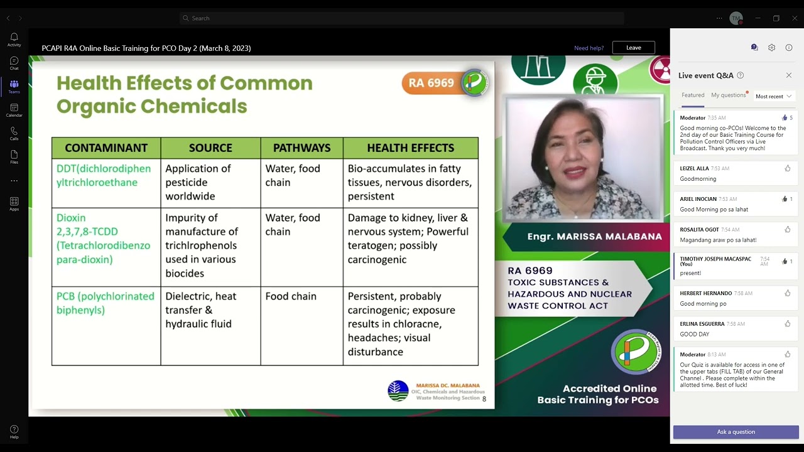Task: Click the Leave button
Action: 633,48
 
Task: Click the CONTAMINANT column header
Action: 106,148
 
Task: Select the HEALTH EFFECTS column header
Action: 410,148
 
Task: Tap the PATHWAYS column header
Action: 301,148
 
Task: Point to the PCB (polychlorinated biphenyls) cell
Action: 106,303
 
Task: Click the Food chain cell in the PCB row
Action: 291,296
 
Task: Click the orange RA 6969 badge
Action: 432,83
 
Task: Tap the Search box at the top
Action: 402,18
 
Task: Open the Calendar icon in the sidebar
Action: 14,110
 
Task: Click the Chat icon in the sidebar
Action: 14,63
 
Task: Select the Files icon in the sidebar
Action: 14,156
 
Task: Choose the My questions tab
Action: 728,95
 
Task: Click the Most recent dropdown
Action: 773,96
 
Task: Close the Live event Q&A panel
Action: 789,75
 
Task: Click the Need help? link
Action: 589,48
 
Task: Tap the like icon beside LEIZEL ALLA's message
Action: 787,168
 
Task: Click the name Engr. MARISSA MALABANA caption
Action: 594,237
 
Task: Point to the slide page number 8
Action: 484,399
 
